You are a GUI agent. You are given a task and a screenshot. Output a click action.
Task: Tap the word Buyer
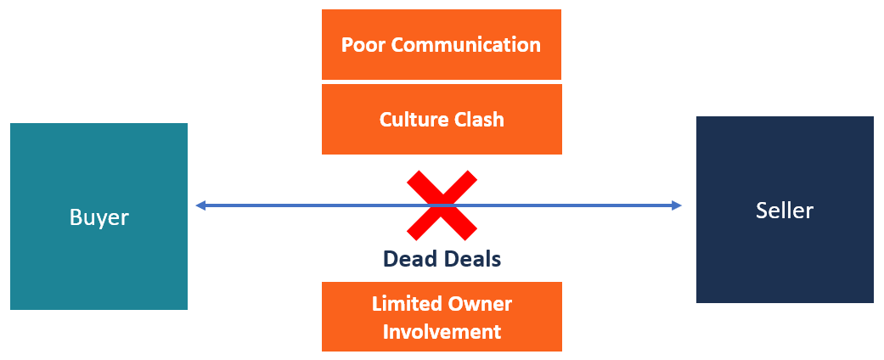click(x=99, y=217)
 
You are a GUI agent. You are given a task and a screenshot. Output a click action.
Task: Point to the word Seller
click(x=785, y=210)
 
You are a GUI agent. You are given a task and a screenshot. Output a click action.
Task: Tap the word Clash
click(x=481, y=120)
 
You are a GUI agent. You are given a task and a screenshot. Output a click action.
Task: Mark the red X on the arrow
click(x=442, y=205)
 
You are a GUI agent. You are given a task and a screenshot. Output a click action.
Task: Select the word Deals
click(x=473, y=259)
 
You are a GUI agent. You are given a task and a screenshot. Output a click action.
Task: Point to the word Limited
click(x=405, y=303)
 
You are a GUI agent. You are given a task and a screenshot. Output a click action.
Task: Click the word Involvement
click(x=442, y=331)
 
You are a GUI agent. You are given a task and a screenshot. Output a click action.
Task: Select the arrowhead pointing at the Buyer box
click(x=200, y=205)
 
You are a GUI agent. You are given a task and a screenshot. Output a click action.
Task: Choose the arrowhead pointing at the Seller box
click(x=677, y=205)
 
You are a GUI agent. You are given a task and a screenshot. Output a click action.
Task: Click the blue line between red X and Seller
click(x=577, y=205)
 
